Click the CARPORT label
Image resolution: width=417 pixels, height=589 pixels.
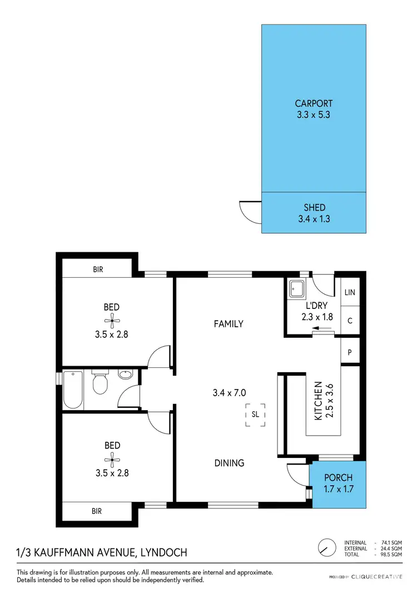314,103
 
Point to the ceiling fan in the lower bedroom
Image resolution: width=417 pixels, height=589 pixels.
112,458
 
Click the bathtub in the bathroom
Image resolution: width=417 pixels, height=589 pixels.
73,389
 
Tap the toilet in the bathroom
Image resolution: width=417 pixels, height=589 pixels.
100,382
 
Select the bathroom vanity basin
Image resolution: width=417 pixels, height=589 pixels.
126,375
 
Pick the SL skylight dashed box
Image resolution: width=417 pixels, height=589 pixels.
255,415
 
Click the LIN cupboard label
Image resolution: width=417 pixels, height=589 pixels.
350,293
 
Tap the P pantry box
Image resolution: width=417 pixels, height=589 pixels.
350,352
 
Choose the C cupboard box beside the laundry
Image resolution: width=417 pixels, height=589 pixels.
350,321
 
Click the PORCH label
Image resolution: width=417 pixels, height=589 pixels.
338,478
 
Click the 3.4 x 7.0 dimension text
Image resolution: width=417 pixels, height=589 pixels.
229,393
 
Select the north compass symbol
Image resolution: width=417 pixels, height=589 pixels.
327,547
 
